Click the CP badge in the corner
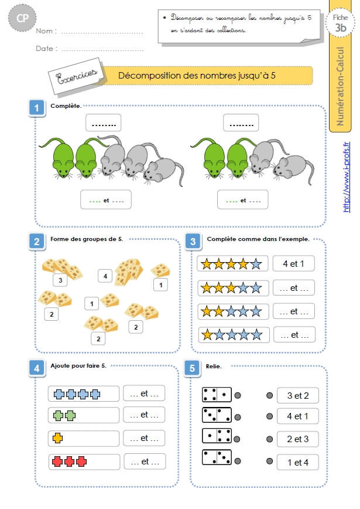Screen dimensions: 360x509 [x=22, y=18]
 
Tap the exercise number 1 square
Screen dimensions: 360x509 [x=37, y=108]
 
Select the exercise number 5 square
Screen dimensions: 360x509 [x=192, y=368]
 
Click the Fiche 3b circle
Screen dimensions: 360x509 [x=340, y=23]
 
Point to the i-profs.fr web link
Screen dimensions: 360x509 [x=347, y=177]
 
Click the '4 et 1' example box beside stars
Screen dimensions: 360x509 [x=294, y=264]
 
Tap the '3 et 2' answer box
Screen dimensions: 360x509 [x=298, y=395]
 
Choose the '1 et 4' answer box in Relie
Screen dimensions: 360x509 [x=298, y=462]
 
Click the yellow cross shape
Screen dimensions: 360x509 [x=58, y=438]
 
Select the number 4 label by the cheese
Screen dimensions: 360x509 [x=105, y=276]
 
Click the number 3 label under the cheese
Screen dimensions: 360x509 [x=60, y=280]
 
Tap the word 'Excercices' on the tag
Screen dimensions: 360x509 [x=77, y=76]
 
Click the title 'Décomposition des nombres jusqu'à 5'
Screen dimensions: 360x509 [x=197, y=76]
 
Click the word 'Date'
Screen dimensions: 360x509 [x=44, y=48]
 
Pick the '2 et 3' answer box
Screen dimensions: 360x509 [x=298, y=439]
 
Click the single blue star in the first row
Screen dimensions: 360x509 [x=256, y=264]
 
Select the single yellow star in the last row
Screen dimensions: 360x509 [x=207, y=335]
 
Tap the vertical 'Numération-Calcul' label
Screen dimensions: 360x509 [x=340, y=86]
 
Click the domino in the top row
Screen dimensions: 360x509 [x=217, y=395]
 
